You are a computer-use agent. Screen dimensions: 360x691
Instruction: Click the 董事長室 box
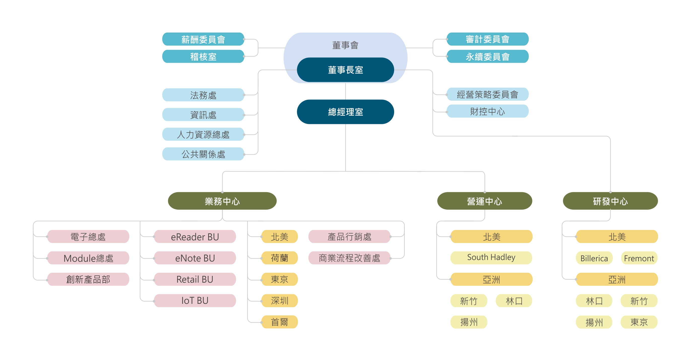pos(345,70)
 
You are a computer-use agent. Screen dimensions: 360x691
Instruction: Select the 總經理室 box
pos(345,112)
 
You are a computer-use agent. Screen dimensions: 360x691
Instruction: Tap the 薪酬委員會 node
pos(203,39)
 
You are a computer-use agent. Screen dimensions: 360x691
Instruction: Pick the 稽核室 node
pos(203,56)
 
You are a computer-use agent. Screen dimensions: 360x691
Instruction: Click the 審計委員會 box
pos(487,39)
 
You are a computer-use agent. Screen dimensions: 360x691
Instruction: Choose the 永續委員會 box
pos(487,56)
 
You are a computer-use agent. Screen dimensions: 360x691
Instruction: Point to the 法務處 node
pos(203,95)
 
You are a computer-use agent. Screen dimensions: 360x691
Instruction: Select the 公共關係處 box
pos(203,154)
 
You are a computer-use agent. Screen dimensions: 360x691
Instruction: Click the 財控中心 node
pos(487,111)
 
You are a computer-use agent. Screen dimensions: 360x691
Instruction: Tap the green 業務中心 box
pos(222,201)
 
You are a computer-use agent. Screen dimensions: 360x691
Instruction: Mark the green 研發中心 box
pos(610,201)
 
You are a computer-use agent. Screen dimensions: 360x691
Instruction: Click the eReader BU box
pos(195,237)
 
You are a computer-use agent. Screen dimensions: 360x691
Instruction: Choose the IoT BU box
pos(195,301)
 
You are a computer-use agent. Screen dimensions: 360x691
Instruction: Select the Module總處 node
pos(88,258)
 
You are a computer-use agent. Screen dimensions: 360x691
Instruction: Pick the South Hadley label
pos(491,257)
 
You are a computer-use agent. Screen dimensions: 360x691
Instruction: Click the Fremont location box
pos(639,258)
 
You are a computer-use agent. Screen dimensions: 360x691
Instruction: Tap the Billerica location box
pos(594,258)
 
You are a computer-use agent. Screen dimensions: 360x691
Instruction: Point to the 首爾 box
pos(279,322)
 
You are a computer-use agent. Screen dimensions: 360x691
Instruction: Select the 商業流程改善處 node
pos(349,258)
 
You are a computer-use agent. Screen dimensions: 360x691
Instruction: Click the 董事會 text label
pos(345,45)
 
